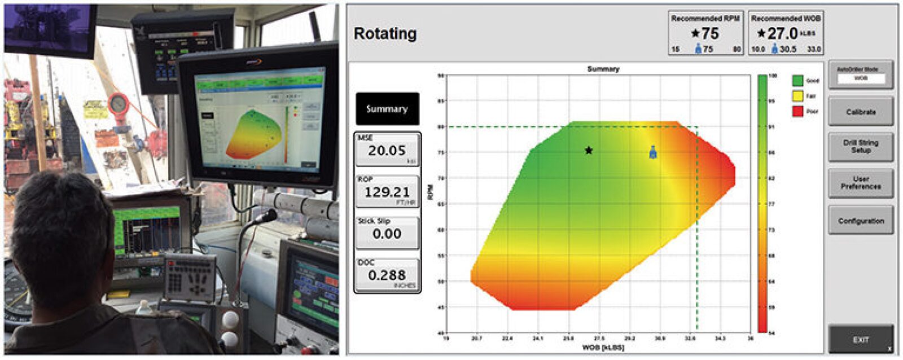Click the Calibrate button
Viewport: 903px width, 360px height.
pyautogui.click(x=860, y=112)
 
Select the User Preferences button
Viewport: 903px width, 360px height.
pyautogui.click(x=860, y=183)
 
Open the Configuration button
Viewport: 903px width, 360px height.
pyautogui.click(x=860, y=221)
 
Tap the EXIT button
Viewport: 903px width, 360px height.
pyautogui.click(x=860, y=340)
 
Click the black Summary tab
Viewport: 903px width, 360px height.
pyautogui.click(x=387, y=109)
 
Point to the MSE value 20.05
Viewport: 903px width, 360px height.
pyautogui.click(x=387, y=151)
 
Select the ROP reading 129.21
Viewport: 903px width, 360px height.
pyautogui.click(x=387, y=192)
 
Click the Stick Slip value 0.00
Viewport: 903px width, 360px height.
pyautogui.click(x=387, y=234)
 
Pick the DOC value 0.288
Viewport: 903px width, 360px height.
pyautogui.click(x=387, y=275)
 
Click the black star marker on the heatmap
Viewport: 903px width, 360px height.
pyautogui.click(x=589, y=150)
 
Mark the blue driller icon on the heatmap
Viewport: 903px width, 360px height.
pyautogui.click(x=653, y=152)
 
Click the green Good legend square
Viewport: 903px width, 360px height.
pyautogui.click(x=797, y=81)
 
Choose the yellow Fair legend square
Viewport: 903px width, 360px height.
pyautogui.click(x=797, y=96)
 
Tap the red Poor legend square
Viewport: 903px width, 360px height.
pyautogui.click(x=797, y=111)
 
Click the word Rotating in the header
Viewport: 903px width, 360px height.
pyautogui.click(x=385, y=34)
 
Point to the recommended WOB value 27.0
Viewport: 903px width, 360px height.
pyautogui.click(x=782, y=34)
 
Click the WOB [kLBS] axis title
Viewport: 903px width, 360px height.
pyautogui.click(x=603, y=348)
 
